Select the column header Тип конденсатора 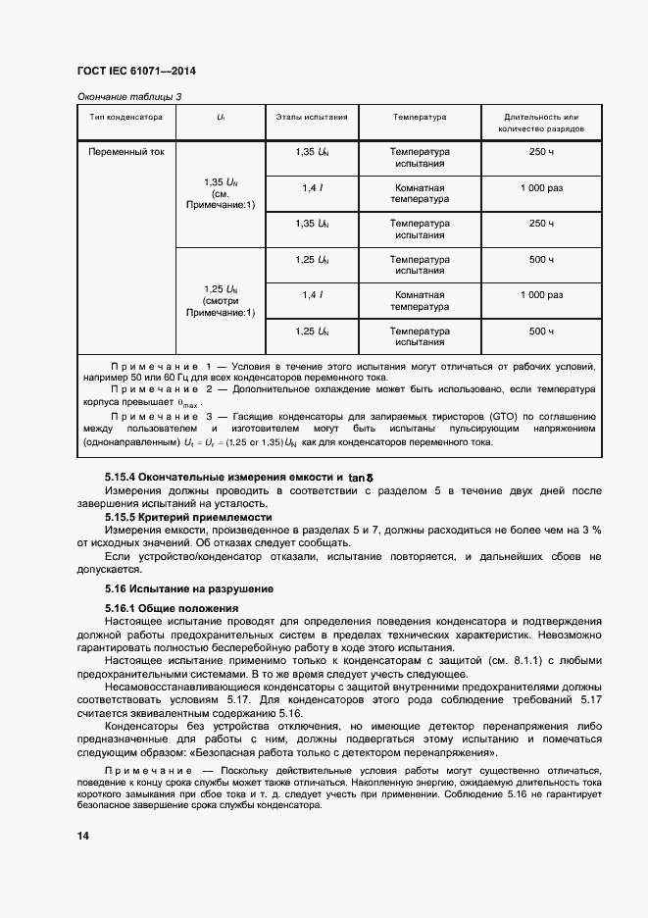pyautogui.click(x=126, y=117)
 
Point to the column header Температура pyautogui.click(x=420, y=117)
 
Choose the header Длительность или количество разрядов pyautogui.click(x=541, y=123)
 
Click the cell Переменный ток pyautogui.click(x=126, y=153)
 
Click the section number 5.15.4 pyautogui.click(x=125, y=477)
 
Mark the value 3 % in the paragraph pyautogui.click(x=591, y=530)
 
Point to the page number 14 pyautogui.click(x=82, y=835)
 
